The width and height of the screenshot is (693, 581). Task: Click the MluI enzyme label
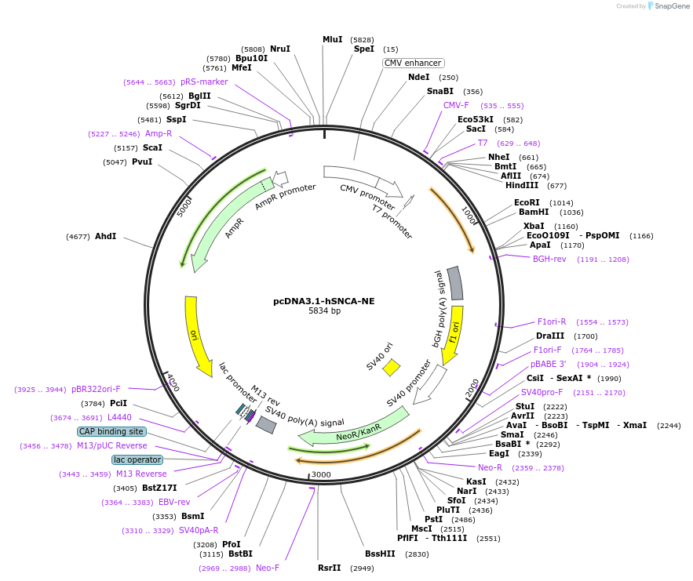333,39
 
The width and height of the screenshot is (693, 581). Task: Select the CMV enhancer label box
413,63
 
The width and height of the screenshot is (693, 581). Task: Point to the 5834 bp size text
324,310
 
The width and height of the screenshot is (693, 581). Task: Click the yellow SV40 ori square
391,367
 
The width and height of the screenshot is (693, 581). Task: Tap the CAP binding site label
111,431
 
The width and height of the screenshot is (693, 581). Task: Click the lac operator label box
137,459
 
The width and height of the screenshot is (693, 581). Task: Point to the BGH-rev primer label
549,259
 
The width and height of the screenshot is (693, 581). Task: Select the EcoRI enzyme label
527,202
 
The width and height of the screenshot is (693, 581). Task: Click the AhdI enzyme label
105,236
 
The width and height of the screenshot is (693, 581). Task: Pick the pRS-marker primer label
204,82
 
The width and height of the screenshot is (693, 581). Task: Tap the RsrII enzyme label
330,568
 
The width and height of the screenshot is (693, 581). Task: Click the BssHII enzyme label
381,554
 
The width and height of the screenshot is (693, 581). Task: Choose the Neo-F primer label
268,568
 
